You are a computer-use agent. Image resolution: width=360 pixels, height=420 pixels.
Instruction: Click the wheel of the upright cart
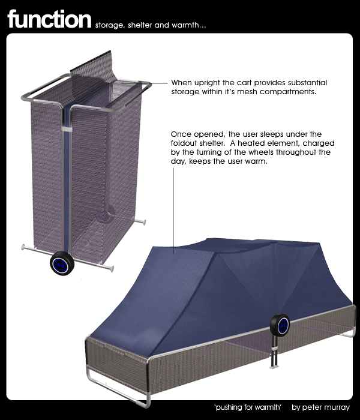tap(62, 263)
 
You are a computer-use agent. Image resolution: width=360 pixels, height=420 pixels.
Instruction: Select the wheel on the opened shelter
tap(280, 325)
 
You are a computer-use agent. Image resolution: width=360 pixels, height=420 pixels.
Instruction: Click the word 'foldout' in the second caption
tap(184, 143)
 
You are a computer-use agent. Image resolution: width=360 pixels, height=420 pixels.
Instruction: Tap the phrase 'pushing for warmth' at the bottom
tap(247, 407)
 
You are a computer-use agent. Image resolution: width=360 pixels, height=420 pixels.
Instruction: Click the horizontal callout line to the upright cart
tap(145, 83)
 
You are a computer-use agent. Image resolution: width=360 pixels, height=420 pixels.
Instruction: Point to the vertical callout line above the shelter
tap(173, 211)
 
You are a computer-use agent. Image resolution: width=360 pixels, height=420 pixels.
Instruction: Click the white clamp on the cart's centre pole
tap(67, 129)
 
